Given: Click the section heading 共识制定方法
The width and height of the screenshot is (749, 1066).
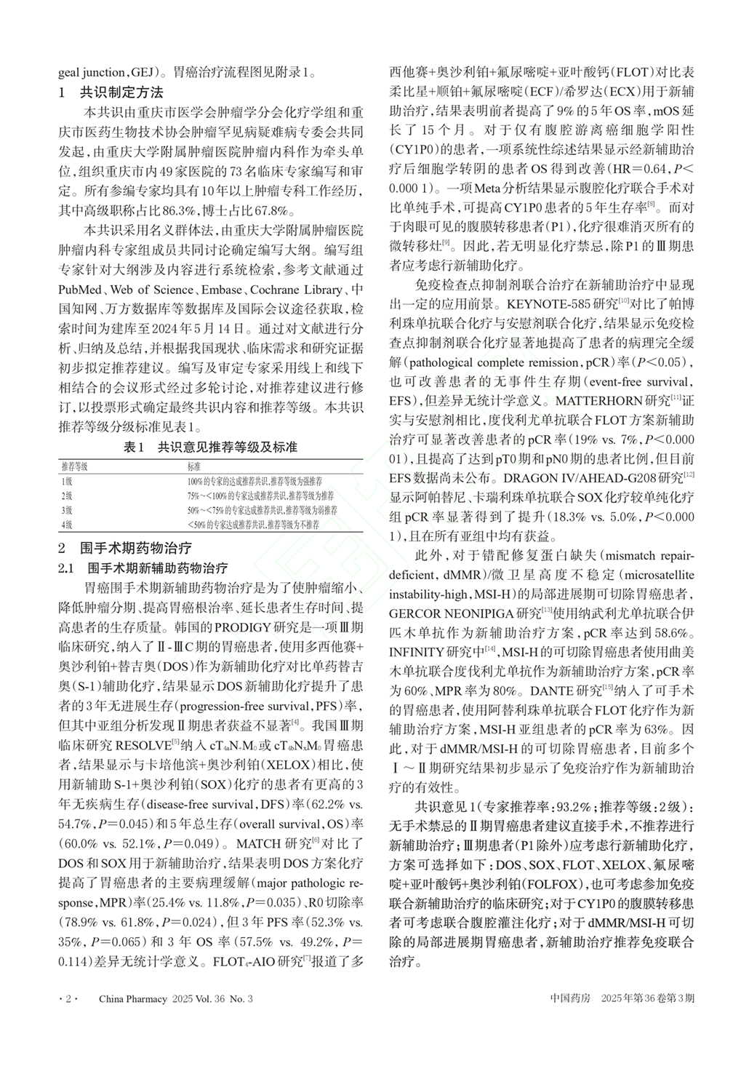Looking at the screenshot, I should pos(121,92).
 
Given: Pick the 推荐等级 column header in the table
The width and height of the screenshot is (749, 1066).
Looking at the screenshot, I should pos(73,466).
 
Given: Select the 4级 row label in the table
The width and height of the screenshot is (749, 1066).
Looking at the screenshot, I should pos(67,524).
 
